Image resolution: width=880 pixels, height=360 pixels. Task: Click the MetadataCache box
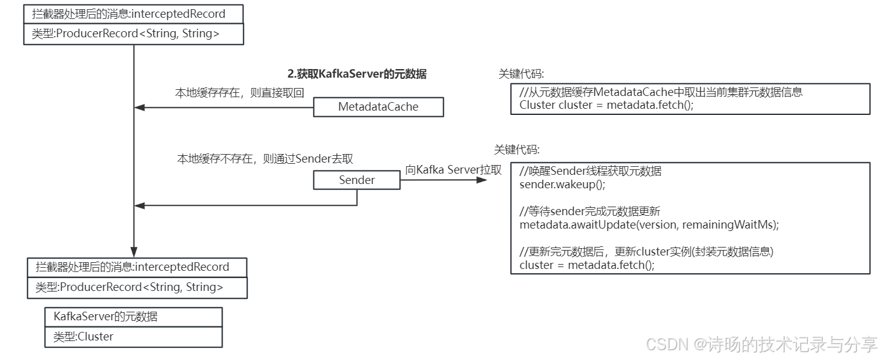(x=378, y=107)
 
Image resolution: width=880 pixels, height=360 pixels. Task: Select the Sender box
(x=357, y=180)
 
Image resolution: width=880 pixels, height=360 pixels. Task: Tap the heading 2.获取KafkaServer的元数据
(x=357, y=74)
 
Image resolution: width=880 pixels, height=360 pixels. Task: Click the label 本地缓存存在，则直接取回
(x=240, y=93)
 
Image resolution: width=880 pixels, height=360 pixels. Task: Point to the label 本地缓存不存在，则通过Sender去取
(x=265, y=158)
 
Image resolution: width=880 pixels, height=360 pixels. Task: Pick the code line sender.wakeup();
(x=561, y=184)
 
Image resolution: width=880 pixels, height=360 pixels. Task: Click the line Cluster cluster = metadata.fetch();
(x=607, y=105)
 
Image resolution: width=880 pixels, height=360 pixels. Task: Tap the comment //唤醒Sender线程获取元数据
(x=590, y=171)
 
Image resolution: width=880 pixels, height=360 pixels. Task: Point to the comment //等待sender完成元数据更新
(x=590, y=211)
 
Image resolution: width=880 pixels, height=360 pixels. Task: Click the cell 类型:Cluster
(x=83, y=336)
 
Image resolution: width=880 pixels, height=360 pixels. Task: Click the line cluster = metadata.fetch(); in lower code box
(x=586, y=265)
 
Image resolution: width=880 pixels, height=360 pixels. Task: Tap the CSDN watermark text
(x=761, y=344)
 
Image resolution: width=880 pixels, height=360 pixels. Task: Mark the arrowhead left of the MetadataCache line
(x=139, y=107)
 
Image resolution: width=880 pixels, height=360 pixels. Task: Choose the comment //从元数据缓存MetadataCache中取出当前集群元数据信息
(x=660, y=92)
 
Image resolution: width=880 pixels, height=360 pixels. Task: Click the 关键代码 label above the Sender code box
(x=517, y=150)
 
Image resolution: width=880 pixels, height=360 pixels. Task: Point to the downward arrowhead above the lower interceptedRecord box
(x=133, y=253)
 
